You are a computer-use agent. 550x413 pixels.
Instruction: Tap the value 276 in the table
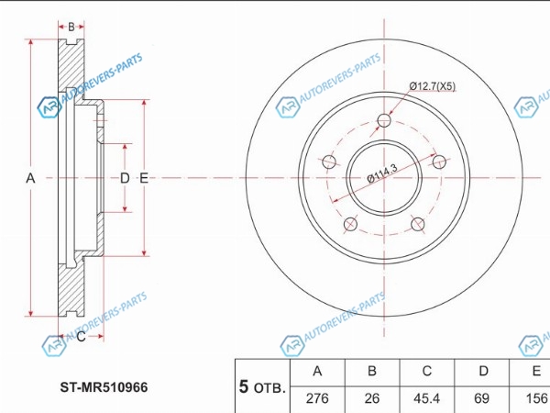[317, 397]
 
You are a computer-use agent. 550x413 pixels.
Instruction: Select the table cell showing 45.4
[426, 397]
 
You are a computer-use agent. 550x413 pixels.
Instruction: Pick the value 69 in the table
[481, 397]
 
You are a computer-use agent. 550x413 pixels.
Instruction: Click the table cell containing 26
[372, 397]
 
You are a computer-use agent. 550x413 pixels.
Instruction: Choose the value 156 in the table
[533, 397]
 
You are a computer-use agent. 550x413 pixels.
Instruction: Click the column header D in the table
[481, 371]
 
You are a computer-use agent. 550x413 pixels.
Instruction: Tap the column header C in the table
[426, 371]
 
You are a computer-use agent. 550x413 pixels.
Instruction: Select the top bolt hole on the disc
[384, 120]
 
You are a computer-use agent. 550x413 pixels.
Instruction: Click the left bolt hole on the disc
[327, 162]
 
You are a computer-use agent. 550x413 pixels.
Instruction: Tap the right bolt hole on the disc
[439, 162]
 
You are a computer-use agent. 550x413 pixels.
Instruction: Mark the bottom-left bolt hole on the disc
[349, 225]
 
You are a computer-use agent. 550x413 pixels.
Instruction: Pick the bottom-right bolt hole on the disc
[418, 225]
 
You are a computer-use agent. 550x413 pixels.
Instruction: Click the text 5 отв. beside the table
[261, 386]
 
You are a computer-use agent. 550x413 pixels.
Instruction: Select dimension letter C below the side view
[81, 337]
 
